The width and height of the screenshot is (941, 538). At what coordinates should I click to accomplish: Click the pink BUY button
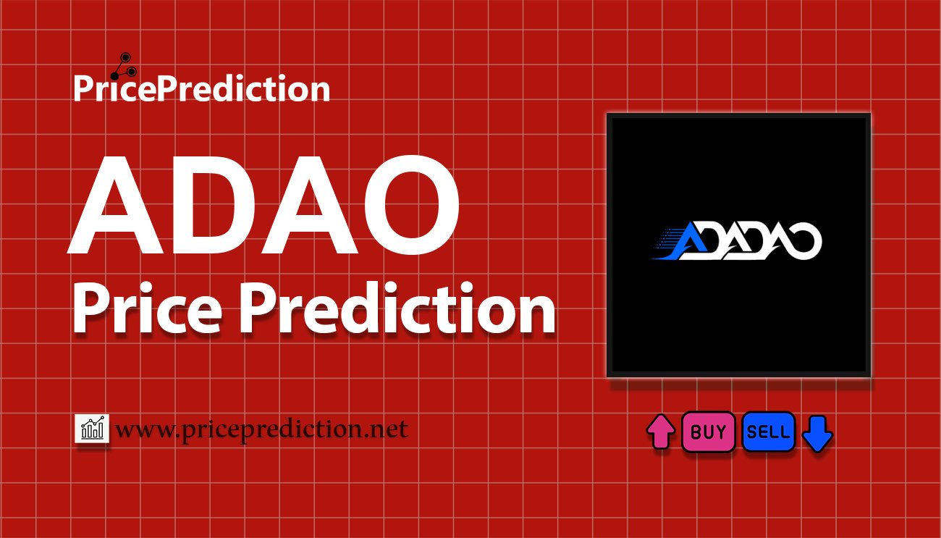pyautogui.click(x=708, y=432)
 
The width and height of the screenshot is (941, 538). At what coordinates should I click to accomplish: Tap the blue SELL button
pyautogui.click(x=768, y=432)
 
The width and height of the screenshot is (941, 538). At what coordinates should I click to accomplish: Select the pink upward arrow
pyautogui.click(x=660, y=432)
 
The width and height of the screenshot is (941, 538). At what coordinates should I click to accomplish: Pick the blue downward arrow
pyautogui.click(x=818, y=433)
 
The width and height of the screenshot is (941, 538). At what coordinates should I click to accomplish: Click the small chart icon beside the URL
pyautogui.click(x=92, y=429)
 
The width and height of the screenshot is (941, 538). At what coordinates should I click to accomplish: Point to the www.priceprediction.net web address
pyautogui.click(x=261, y=429)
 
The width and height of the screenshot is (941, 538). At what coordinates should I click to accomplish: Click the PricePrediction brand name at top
pyautogui.click(x=201, y=89)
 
